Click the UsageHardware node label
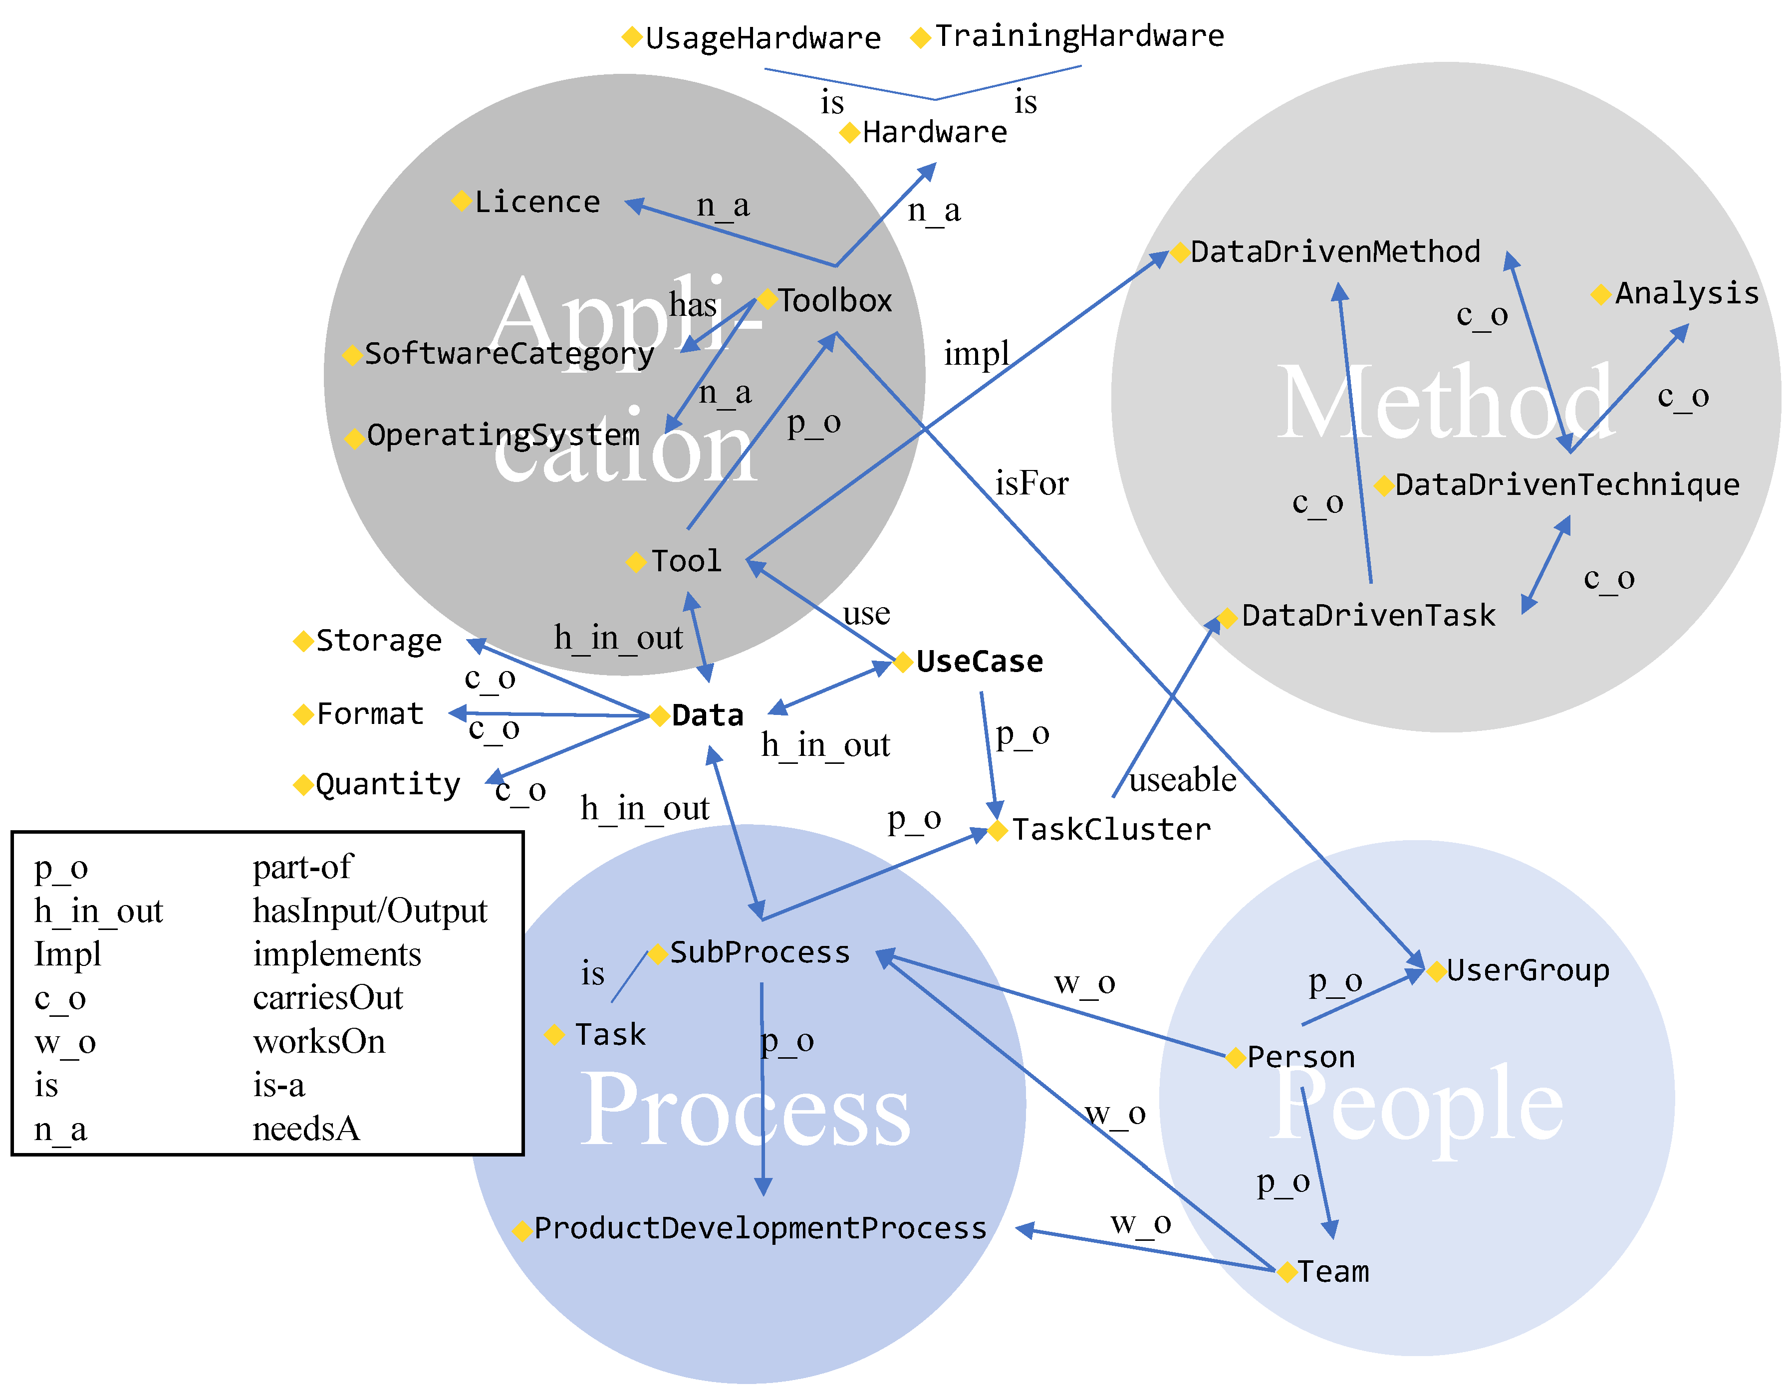point(762,38)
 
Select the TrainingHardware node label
point(1079,36)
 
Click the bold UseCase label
point(979,661)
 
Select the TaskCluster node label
point(1110,829)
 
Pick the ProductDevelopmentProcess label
point(760,1228)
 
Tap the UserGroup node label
point(1527,970)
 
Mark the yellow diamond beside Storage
point(303,641)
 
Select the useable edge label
point(1182,779)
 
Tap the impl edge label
point(976,354)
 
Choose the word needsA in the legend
point(306,1129)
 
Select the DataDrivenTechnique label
point(1566,485)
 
